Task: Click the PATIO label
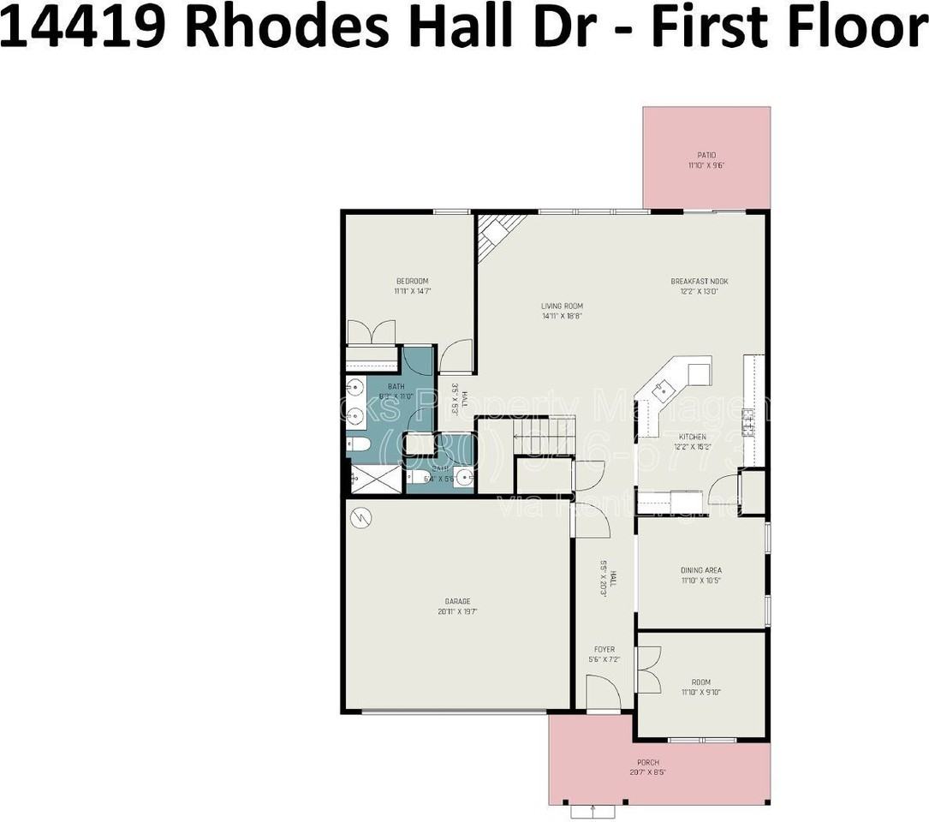(x=706, y=155)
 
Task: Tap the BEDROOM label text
(x=412, y=281)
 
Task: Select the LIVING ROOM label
(x=562, y=306)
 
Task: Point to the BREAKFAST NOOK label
(x=700, y=281)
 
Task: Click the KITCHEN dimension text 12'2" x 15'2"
(x=693, y=446)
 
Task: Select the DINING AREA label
(x=701, y=570)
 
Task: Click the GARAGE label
(x=457, y=601)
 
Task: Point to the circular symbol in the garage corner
(x=360, y=517)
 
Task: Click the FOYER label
(x=603, y=649)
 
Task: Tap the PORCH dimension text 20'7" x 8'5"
(x=647, y=771)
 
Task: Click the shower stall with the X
(x=374, y=479)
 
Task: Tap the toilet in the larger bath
(x=359, y=445)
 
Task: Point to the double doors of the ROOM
(x=649, y=669)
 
